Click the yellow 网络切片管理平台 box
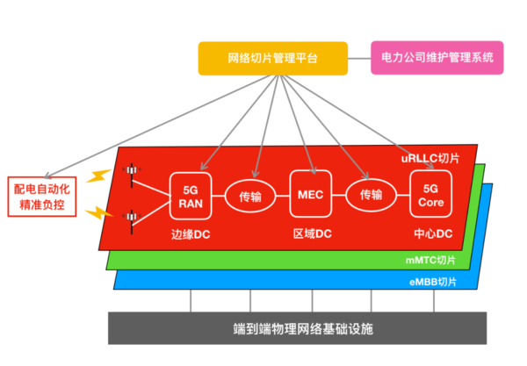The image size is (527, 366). tap(273, 59)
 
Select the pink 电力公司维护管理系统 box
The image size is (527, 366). tap(437, 58)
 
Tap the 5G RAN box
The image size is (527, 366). tap(191, 196)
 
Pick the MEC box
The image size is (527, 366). tap(311, 194)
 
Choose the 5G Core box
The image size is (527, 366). tap(431, 194)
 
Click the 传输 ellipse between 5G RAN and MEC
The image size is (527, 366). tap(250, 197)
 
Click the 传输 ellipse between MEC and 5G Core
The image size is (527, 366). tap(371, 195)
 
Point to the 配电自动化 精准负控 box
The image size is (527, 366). tap(42, 197)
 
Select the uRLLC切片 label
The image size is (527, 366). tap(430, 158)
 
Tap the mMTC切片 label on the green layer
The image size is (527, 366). tap(430, 260)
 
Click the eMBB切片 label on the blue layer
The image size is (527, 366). tap(433, 282)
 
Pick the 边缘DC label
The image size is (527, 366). tap(191, 234)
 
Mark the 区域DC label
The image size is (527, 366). tap(312, 233)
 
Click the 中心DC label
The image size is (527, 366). tap(433, 233)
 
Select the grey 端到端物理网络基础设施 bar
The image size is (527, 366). tap(297, 328)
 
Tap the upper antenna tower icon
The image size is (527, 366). tap(132, 176)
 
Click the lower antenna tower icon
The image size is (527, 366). tap(132, 221)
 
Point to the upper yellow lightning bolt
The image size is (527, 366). tap(98, 176)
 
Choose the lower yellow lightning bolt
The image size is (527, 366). tap(98, 213)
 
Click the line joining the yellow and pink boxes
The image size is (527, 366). tap(359, 59)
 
